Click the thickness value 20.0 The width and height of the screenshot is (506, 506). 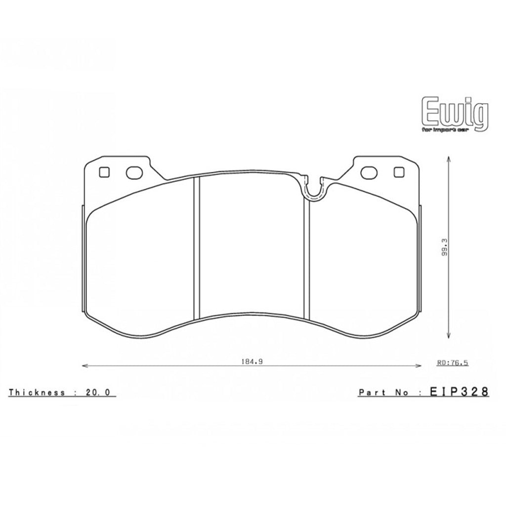click(101, 393)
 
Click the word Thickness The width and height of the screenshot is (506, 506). click(37, 393)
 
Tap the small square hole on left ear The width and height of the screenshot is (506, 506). click(103, 172)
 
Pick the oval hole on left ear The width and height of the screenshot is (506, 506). click(133, 172)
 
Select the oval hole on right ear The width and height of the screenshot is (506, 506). click(368, 172)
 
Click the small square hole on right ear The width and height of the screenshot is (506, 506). click(398, 172)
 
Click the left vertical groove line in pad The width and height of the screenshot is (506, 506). click(196, 247)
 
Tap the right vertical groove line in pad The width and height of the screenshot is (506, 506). click(306, 257)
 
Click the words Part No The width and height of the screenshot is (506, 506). click(383, 392)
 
